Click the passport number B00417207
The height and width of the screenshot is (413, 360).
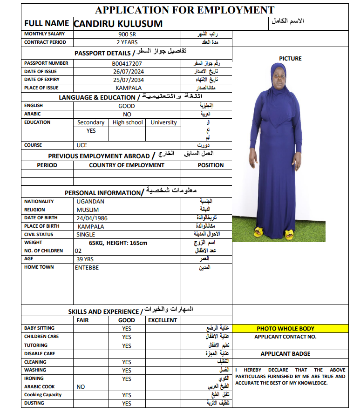[x=127, y=63]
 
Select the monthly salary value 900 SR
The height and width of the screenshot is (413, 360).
[x=127, y=34]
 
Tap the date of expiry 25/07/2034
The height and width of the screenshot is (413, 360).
[x=128, y=80]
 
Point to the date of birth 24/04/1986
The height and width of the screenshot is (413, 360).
[x=92, y=218]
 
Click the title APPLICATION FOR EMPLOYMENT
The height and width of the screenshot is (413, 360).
[x=184, y=10]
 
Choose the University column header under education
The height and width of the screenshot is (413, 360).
[x=163, y=122]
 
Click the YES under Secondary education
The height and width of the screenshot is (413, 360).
[x=91, y=131]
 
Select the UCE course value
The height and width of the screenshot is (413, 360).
[x=82, y=145]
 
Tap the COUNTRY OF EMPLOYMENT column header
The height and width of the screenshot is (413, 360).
[x=127, y=165]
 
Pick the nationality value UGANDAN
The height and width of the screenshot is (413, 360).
[x=90, y=202]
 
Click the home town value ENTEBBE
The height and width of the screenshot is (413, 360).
[x=87, y=267]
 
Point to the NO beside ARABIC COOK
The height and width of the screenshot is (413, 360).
[x=81, y=387]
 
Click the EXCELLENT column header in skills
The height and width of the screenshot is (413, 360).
[x=163, y=320]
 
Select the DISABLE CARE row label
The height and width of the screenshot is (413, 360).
[x=40, y=354]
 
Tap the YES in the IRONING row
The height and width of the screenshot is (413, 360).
[x=127, y=379]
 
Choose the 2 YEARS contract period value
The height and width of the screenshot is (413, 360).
[x=127, y=42]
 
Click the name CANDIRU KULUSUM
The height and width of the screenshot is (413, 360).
[x=118, y=23]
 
